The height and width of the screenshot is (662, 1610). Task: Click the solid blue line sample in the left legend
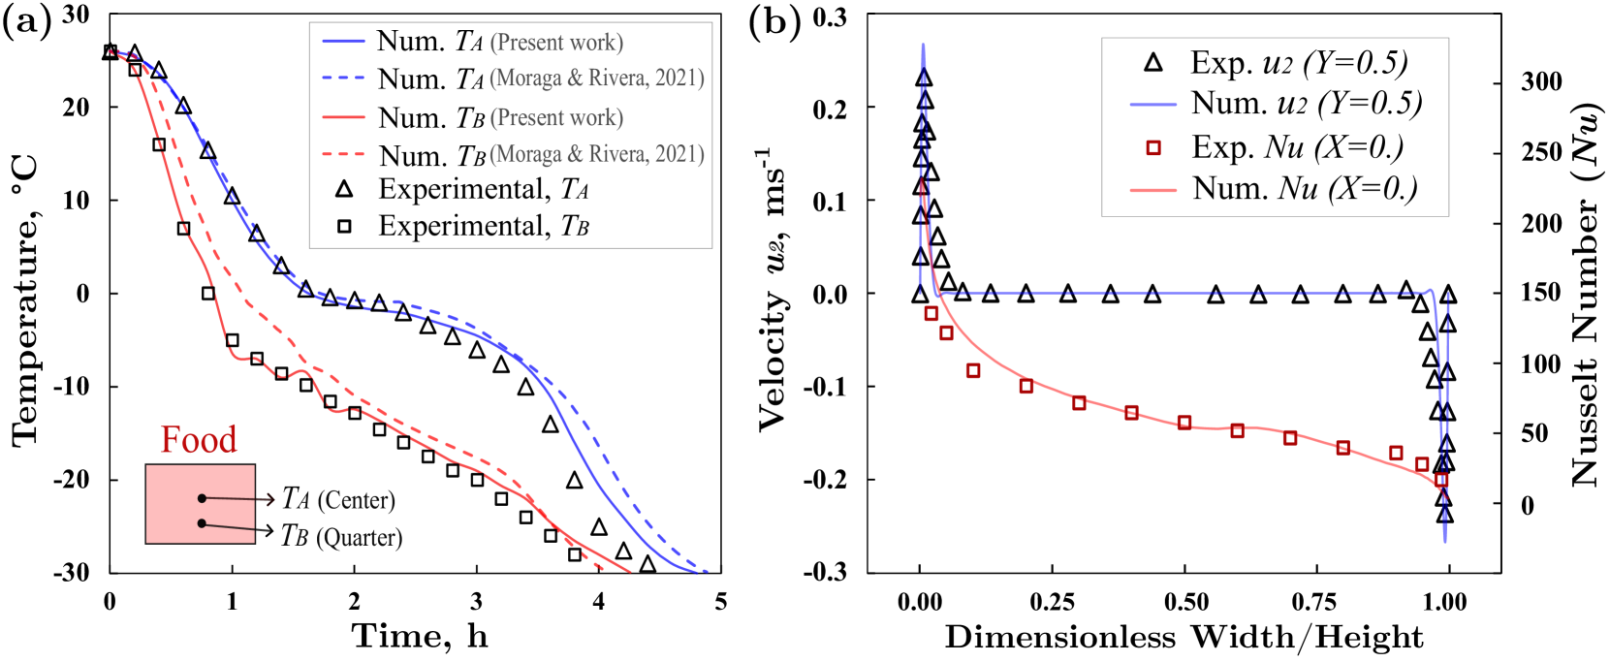344,42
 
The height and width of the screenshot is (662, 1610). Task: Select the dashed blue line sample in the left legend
344,78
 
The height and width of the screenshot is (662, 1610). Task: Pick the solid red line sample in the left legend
344,117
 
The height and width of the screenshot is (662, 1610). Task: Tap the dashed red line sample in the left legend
344,154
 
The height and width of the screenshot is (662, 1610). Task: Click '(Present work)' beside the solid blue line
556,43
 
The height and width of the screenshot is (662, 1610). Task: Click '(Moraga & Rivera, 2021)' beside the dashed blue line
597,79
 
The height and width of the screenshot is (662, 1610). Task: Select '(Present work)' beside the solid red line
556,118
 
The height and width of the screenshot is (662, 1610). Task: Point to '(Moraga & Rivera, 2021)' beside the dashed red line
597,154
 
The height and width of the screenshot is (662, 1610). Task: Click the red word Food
199,440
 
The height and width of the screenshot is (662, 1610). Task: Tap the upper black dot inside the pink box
202,498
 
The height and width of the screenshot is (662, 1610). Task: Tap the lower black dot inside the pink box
202,523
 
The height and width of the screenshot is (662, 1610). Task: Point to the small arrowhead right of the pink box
270,500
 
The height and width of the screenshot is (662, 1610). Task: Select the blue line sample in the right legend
1153,104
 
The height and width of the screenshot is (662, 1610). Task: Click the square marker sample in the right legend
1153,148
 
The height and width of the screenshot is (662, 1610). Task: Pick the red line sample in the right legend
1153,191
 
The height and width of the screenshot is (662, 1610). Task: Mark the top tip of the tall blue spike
923,45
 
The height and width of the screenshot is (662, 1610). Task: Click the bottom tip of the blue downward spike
1445,541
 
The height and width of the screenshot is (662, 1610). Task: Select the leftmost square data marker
931,313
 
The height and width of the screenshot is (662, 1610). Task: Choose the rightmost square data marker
1441,480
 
